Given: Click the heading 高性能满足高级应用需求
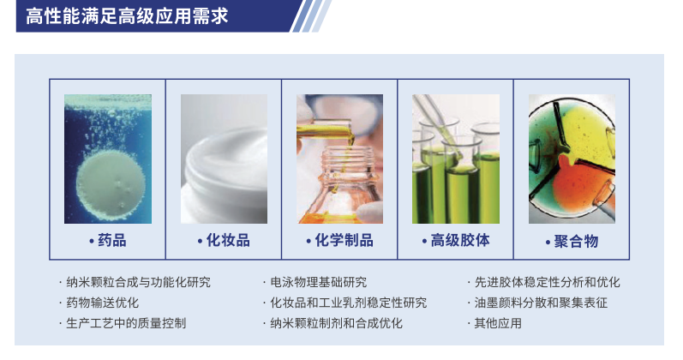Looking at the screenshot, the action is pos(127,16).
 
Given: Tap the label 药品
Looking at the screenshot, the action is pos(112,240).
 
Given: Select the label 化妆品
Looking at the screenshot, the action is pos(228,240).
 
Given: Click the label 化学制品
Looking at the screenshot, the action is pos(344,240).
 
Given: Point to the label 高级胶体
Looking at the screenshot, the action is pos(460,240).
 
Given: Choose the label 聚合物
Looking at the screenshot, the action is pos(576,241).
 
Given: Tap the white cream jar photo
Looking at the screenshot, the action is pos(224,159).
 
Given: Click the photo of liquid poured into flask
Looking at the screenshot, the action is pos(339,159).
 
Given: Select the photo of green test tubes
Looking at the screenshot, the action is pos(456,159).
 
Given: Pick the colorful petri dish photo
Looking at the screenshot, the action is pos(572,159).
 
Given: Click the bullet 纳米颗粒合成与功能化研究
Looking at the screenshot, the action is pos(138,282).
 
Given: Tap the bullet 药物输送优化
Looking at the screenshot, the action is pos(102,303).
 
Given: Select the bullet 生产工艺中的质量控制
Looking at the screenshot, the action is pos(126,323).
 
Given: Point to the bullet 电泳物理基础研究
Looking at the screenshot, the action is pos(319,282).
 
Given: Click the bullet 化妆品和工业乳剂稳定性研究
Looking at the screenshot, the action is pos(349,303).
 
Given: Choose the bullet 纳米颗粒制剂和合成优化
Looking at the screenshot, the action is pos(336,323).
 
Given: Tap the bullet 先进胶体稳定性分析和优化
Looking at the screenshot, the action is pos(547,282).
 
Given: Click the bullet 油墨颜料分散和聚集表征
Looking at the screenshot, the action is pos(541,303).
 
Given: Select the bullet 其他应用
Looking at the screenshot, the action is pos(498,323).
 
